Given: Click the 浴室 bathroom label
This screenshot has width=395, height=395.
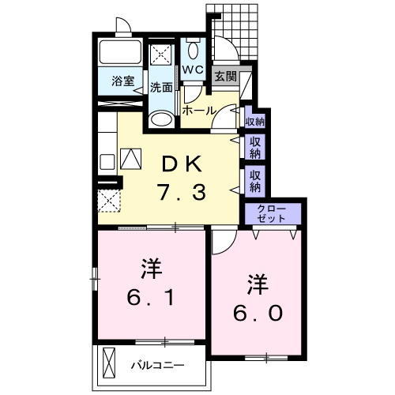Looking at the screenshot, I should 121,81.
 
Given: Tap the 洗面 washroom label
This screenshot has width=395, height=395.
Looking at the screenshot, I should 162,87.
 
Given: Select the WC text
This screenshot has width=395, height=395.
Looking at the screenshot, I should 194,70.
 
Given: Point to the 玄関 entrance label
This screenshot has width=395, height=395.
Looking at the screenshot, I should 225,77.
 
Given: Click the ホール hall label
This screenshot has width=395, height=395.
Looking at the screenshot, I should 197,111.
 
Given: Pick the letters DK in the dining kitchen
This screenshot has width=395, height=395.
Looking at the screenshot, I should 183,164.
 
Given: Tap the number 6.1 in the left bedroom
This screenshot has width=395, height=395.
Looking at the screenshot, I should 150,297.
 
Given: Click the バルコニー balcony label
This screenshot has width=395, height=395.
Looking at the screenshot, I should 157,366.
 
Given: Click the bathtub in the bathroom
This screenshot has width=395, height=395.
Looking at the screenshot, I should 120,54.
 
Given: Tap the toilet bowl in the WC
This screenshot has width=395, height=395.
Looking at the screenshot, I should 194,49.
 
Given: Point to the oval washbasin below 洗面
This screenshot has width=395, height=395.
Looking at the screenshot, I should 162,119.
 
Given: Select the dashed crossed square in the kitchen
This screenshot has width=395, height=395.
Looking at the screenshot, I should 109,198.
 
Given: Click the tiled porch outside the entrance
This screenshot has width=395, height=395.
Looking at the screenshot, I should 241,32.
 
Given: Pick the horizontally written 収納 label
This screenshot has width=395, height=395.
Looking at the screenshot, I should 254,121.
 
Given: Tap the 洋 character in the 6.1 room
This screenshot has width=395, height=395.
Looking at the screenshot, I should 150,267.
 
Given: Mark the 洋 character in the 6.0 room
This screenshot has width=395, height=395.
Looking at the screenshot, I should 256,282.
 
